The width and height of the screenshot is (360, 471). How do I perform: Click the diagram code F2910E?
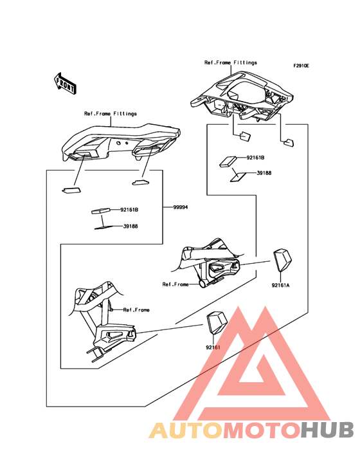point(301,66)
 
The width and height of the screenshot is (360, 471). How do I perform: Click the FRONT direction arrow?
point(65,83)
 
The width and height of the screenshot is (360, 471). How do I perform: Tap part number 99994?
point(181,207)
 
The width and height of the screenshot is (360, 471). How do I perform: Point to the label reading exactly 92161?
point(213,347)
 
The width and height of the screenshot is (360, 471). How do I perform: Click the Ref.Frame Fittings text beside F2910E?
point(231,62)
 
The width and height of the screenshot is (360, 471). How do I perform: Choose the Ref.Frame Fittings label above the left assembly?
point(111,113)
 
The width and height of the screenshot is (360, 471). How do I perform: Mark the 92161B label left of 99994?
point(129,210)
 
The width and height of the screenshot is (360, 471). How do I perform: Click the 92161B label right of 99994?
point(256,157)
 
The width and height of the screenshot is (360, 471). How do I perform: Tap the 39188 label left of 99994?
point(130,226)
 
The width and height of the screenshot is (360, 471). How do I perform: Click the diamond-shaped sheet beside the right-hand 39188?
point(240,176)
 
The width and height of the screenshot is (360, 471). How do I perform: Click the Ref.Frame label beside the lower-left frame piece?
point(136,309)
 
